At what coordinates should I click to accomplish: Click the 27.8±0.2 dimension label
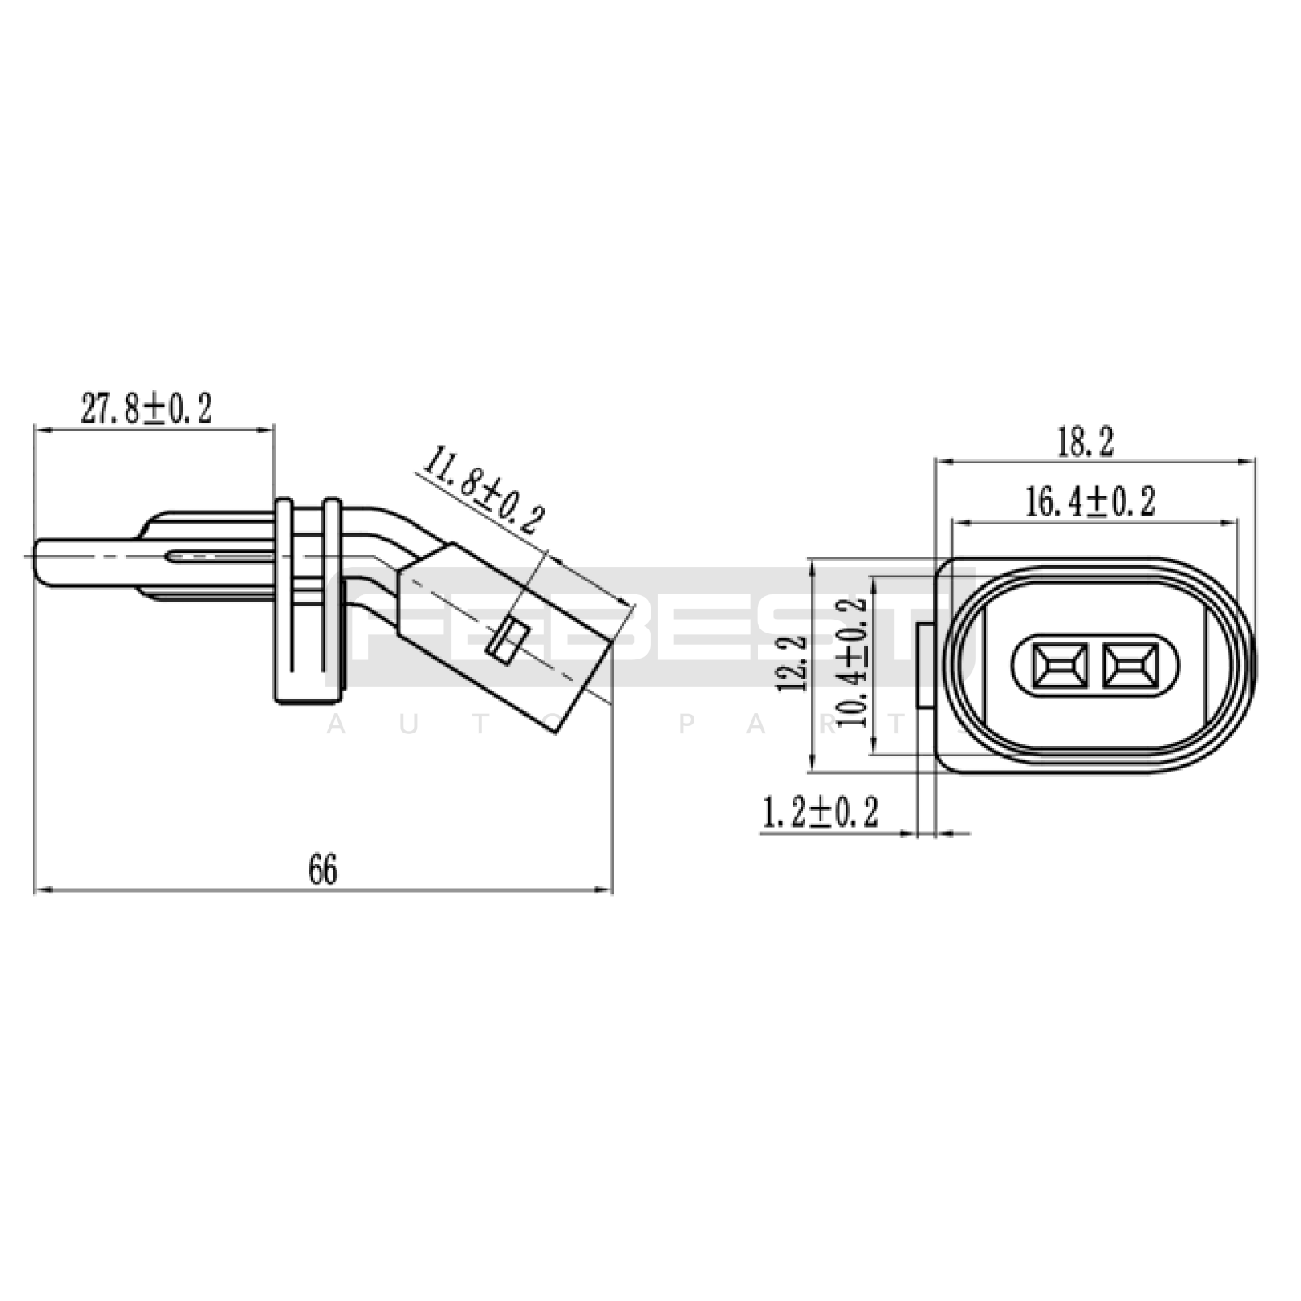pyautogui.click(x=146, y=408)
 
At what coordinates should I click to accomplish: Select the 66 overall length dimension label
pyautogui.click(x=323, y=870)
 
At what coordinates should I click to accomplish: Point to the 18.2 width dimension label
pyautogui.click(x=1085, y=443)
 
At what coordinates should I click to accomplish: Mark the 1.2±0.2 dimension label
pyautogui.click(x=820, y=812)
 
